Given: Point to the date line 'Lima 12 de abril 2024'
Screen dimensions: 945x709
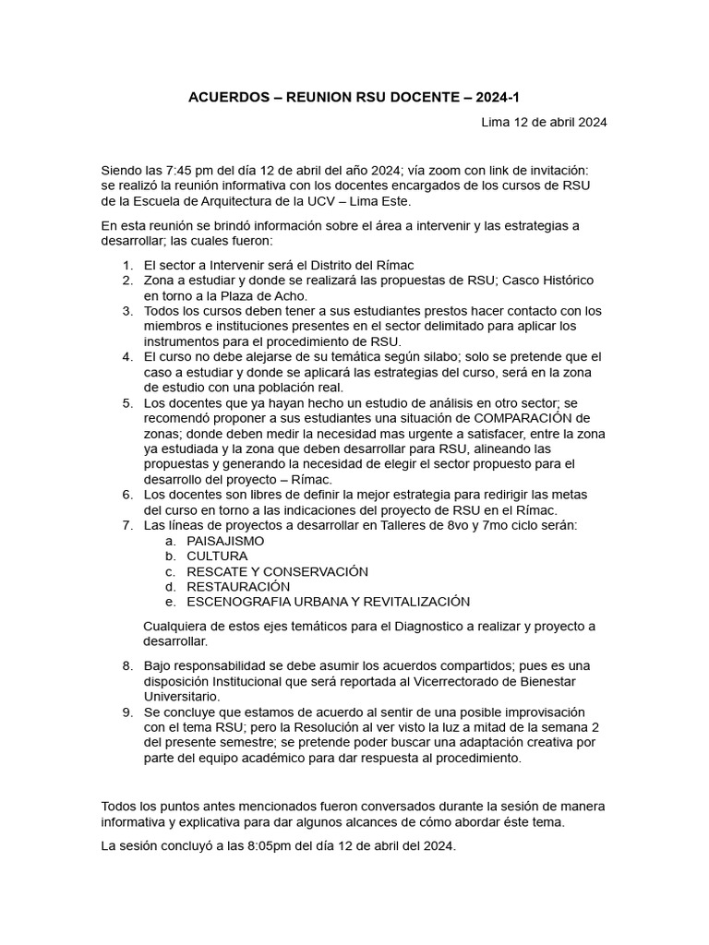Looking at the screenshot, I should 544,122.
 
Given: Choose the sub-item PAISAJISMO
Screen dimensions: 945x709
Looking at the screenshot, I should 225,541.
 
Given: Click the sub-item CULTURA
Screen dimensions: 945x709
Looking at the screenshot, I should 217,556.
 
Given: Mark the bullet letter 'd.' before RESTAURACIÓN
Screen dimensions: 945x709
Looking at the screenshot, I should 170,586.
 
